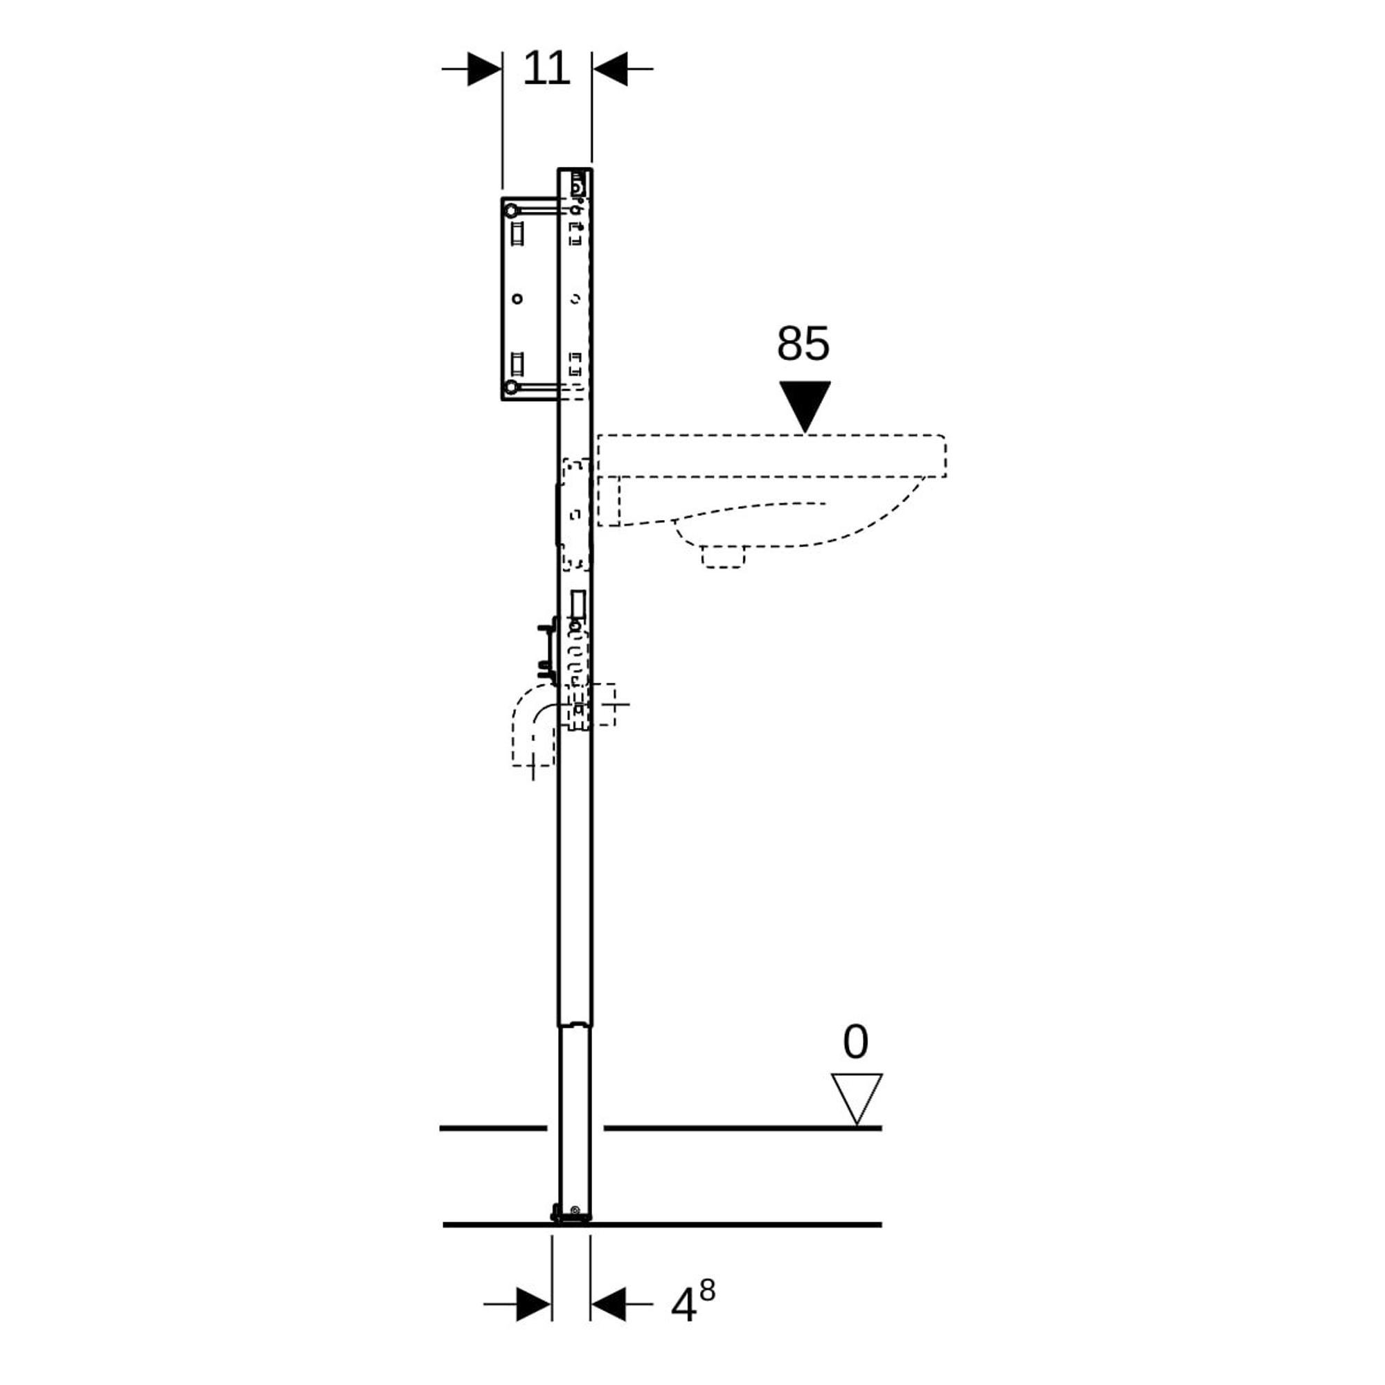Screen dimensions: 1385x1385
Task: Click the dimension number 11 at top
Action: coord(546,69)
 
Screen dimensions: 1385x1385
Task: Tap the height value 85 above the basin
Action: coord(803,343)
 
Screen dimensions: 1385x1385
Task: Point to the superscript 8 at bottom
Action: coord(707,1290)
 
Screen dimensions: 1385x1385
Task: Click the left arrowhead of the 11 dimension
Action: coord(485,69)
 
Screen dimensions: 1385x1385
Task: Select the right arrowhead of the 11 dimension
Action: coord(610,69)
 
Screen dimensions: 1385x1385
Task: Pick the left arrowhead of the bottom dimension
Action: coord(534,1304)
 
